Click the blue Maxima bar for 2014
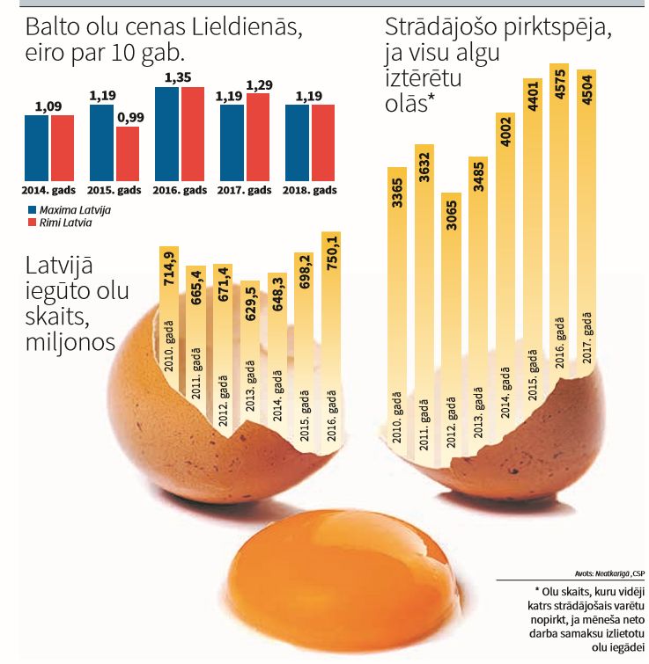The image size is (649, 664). (36, 148)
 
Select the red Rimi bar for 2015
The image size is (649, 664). (128, 154)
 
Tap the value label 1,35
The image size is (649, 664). (179, 77)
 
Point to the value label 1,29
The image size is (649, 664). (258, 84)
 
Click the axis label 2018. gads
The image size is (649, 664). (310, 190)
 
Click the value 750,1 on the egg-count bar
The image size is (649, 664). (331, 252)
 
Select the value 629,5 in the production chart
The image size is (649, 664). (249, 304)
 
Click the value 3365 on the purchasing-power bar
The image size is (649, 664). (396, 196)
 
